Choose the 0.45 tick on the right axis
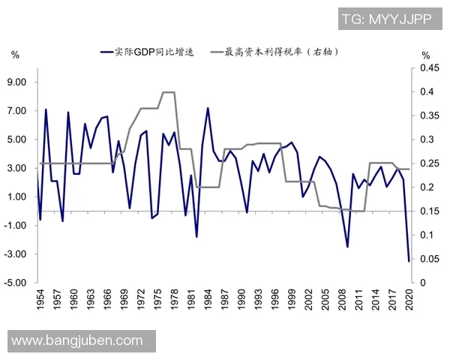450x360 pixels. click(430, 68)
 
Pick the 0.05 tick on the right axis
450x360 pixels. click(430, 259)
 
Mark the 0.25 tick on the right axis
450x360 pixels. click(430, 163)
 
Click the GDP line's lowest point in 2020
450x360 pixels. click(409, 261)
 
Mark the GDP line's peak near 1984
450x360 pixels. click(207, 108)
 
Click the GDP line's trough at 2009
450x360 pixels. click(347, 247)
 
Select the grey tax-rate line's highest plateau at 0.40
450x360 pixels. click(169, 92)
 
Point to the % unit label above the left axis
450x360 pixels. click(16, 55)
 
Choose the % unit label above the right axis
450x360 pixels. click(425, 55)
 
